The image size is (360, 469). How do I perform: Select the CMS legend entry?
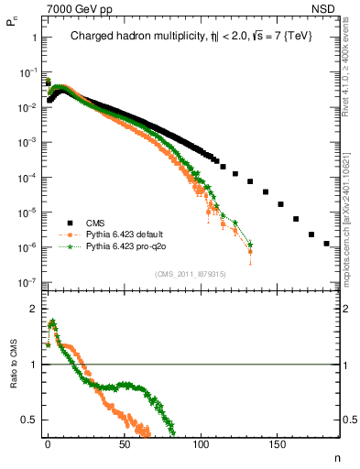point(95,222)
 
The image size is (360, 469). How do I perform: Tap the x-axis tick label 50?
point(125,443)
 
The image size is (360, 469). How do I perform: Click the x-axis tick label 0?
point(48,443)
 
